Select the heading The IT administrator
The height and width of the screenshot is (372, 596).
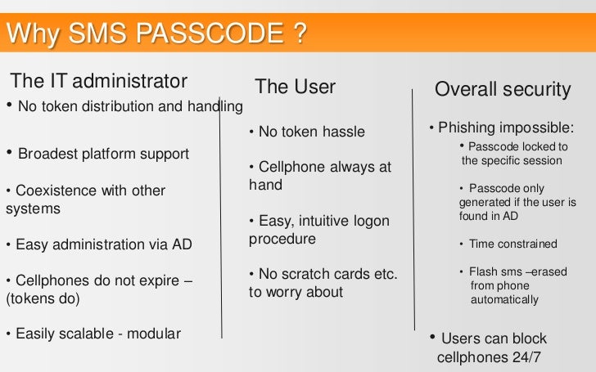pyautogui.click(x=99, y=81)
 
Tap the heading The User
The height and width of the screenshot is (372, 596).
pyautogui.click(x=295, y=87)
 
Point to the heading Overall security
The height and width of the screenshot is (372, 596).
pyautogui.click(x=502, y=89)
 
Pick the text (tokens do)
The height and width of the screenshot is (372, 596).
pyautogui.click(x=43, y=298)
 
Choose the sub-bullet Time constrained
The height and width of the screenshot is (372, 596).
pyautogui.click(x=512, y=244)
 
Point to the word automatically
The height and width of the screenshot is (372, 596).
pyautogui.click(x=504, y=299)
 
